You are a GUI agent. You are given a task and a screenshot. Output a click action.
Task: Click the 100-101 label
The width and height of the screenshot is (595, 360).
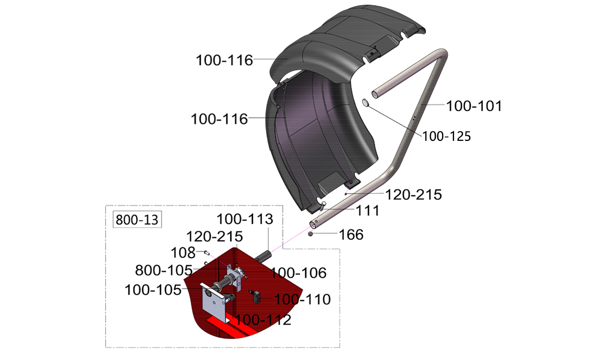coord(473,106)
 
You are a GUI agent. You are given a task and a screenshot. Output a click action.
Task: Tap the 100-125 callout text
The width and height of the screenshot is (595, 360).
coord(446,136)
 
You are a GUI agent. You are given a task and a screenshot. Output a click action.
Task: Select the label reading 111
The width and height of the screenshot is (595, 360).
coord(367,211)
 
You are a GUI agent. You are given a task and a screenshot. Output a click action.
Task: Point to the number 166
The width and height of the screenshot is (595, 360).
coord(351,234)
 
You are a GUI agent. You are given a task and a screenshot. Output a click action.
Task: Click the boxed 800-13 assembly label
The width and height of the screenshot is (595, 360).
coord(137,220)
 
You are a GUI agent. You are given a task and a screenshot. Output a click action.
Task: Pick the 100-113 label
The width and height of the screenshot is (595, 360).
coord(245,219)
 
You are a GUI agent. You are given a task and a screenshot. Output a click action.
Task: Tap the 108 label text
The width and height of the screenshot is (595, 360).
coord(183,253)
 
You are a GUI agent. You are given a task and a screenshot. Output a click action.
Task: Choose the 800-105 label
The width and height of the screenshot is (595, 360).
coord(163,270)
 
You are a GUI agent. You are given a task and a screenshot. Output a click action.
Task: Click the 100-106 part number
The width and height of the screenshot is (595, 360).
coord(298,273)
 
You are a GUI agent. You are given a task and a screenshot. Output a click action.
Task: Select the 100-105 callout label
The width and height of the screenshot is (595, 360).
coord(153,290)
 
